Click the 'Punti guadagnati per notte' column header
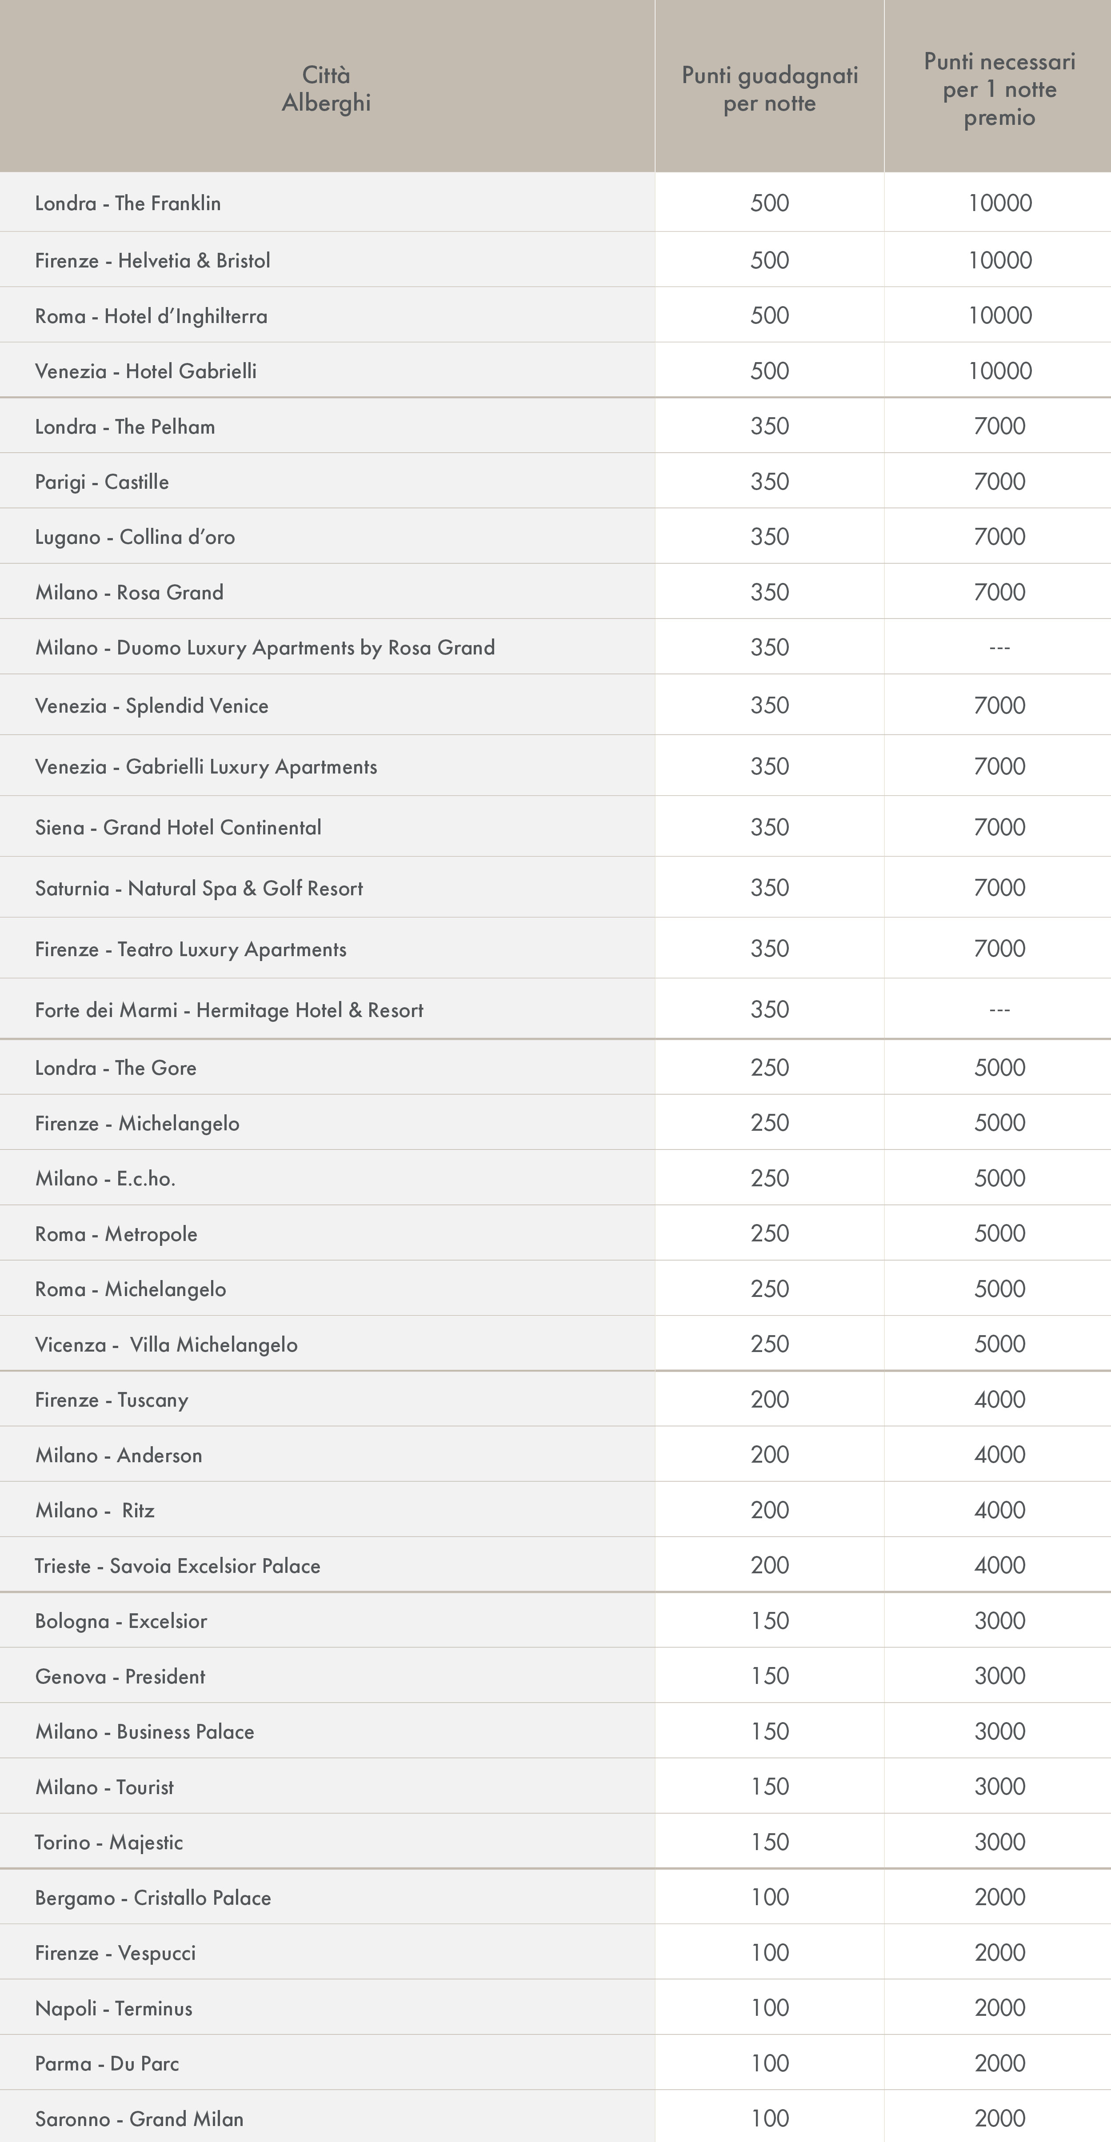(769, 89)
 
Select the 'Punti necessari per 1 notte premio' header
(999, 89)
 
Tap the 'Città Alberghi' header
(326, 89)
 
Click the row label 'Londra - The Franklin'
(128, 203)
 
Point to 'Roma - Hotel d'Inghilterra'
(152, 316)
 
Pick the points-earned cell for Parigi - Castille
(769, 482)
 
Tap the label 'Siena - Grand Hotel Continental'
(178, 827)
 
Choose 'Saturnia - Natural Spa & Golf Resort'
(199, 888)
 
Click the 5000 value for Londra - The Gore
(999, 1068)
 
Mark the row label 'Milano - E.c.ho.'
(105, 1178)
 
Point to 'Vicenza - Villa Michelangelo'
(166, 1344)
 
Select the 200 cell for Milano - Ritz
(769, 1510)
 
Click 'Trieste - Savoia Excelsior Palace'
(177, 1566)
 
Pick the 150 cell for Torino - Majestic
(769, 1842)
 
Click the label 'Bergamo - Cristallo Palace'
(153, 1898)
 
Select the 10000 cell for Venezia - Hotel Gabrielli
(999, 371)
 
